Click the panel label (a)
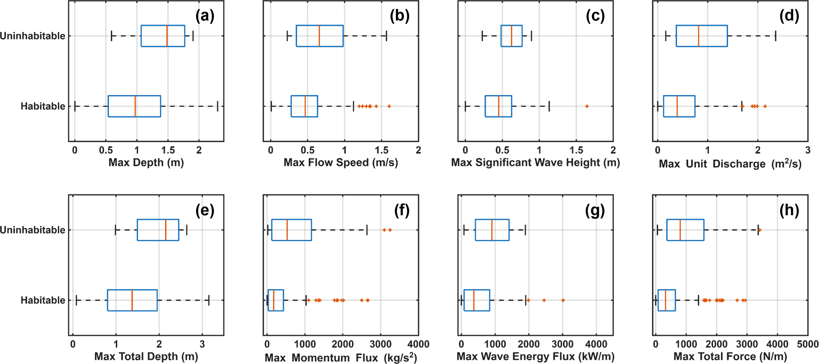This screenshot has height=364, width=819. pos(204,16)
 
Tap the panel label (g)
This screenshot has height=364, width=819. pos(594,210)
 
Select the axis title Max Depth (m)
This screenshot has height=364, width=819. pos(146,163)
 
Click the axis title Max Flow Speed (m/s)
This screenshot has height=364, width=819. pos(341,163)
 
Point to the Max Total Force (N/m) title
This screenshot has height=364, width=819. pos(730,356)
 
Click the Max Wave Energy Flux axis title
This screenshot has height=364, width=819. pos(535,356)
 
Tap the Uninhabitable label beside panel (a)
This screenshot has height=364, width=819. pos(32,36)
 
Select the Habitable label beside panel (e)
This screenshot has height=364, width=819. pos(43,300)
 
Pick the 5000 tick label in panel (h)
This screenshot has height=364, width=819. pos(808,344)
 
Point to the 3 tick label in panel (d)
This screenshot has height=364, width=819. pos(808,150)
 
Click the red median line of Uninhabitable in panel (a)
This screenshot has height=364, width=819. pos(167,36)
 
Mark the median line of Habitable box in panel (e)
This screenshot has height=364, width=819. pos(132,300)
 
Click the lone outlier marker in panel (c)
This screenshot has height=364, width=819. pos(587,106)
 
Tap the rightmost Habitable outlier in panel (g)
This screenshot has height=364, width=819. pos(563,300)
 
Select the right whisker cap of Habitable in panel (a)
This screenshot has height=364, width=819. pos(218,106)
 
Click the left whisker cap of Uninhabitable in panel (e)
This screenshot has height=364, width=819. pos(115,230)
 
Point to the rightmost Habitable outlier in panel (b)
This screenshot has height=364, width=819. pos(389,106)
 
